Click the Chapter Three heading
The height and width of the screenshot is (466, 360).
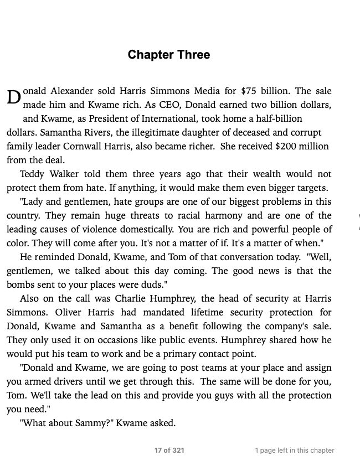coord(168,55)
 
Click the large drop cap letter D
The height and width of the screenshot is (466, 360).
coord(14,97)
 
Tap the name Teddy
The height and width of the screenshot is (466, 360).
coord(33,174)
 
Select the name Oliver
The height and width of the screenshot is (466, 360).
coord(72,312)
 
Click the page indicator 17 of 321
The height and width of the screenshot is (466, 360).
coord(169,451)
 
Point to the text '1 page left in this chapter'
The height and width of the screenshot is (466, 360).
coord(295,451)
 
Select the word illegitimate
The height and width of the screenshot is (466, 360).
coord(163,132)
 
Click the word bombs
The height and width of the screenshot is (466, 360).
coord(21,284)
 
